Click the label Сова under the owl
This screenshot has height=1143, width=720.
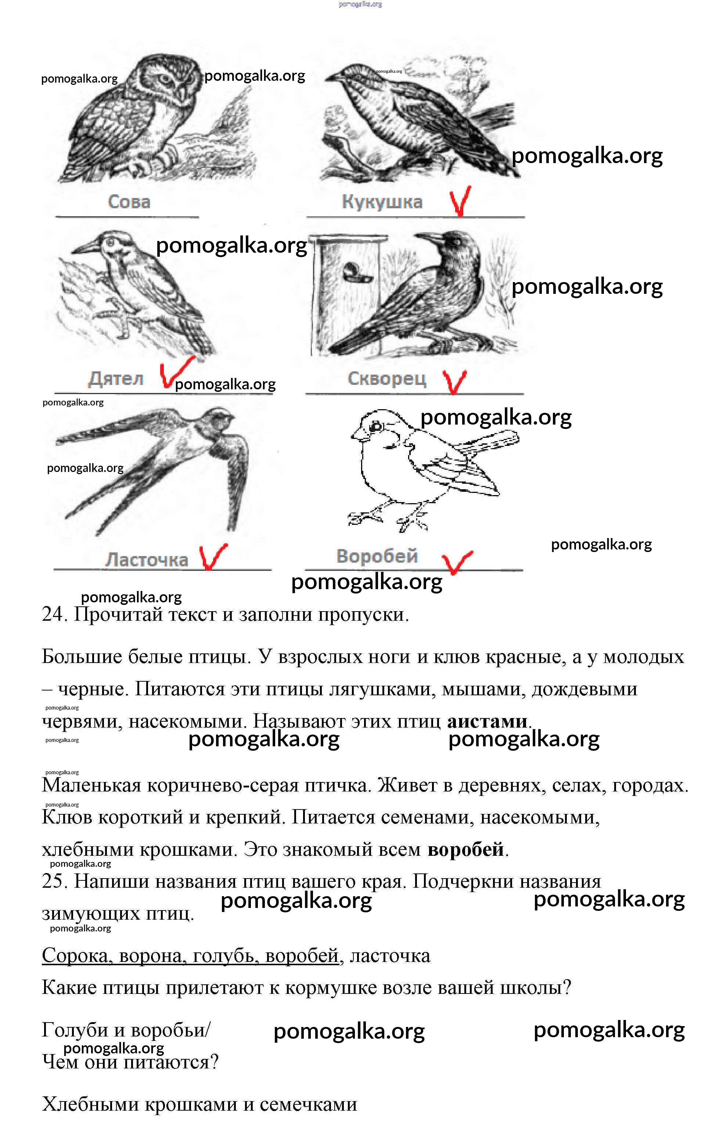click(129, 202)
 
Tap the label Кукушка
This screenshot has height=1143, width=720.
click(382, 202)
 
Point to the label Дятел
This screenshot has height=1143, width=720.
click(116, 379)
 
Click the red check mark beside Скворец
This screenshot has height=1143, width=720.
click(454, 381)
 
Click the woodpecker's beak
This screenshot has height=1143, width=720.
click(86, 247)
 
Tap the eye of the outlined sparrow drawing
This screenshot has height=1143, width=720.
click(377, 427)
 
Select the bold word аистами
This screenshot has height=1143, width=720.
click(487, 721)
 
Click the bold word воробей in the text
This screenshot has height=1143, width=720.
click(465, 849)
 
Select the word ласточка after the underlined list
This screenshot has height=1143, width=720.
click(390, 956)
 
